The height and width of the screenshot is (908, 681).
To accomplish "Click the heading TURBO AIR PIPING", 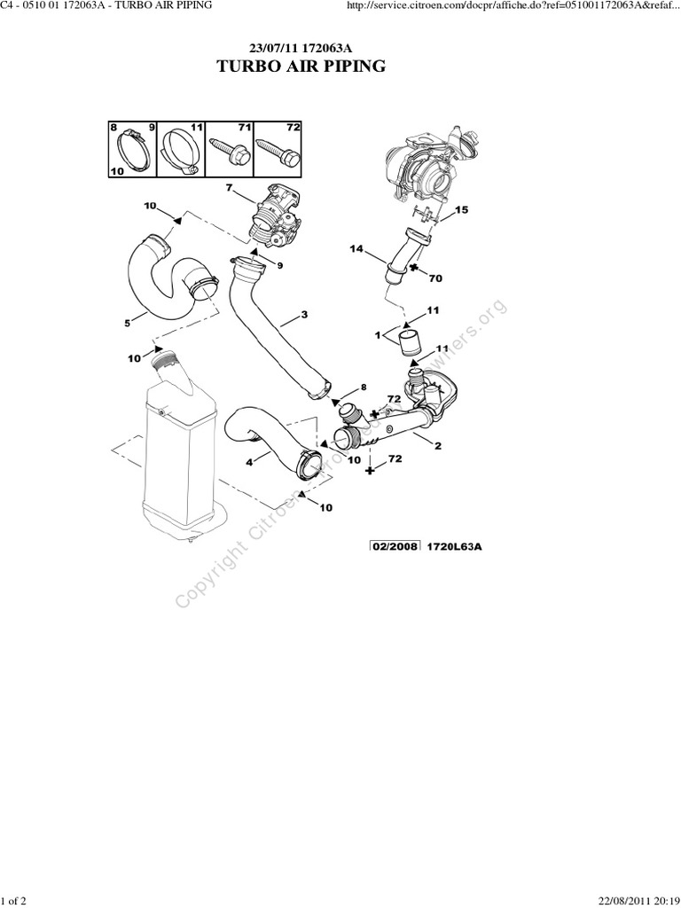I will [301, 67].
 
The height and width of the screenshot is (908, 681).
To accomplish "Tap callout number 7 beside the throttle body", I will [229, 188].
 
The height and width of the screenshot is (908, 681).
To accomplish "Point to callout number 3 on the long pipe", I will [304, 315].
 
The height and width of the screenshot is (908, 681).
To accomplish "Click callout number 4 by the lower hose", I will [249, 460].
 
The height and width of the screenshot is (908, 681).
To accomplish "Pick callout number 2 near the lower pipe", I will [437, 446].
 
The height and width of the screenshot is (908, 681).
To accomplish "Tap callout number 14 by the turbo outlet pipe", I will [356, 249].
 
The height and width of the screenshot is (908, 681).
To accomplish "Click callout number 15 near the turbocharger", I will [460, 210].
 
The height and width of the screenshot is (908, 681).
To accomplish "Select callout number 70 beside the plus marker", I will [434, 278].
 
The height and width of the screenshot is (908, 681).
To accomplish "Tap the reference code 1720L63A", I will [456, 546].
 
